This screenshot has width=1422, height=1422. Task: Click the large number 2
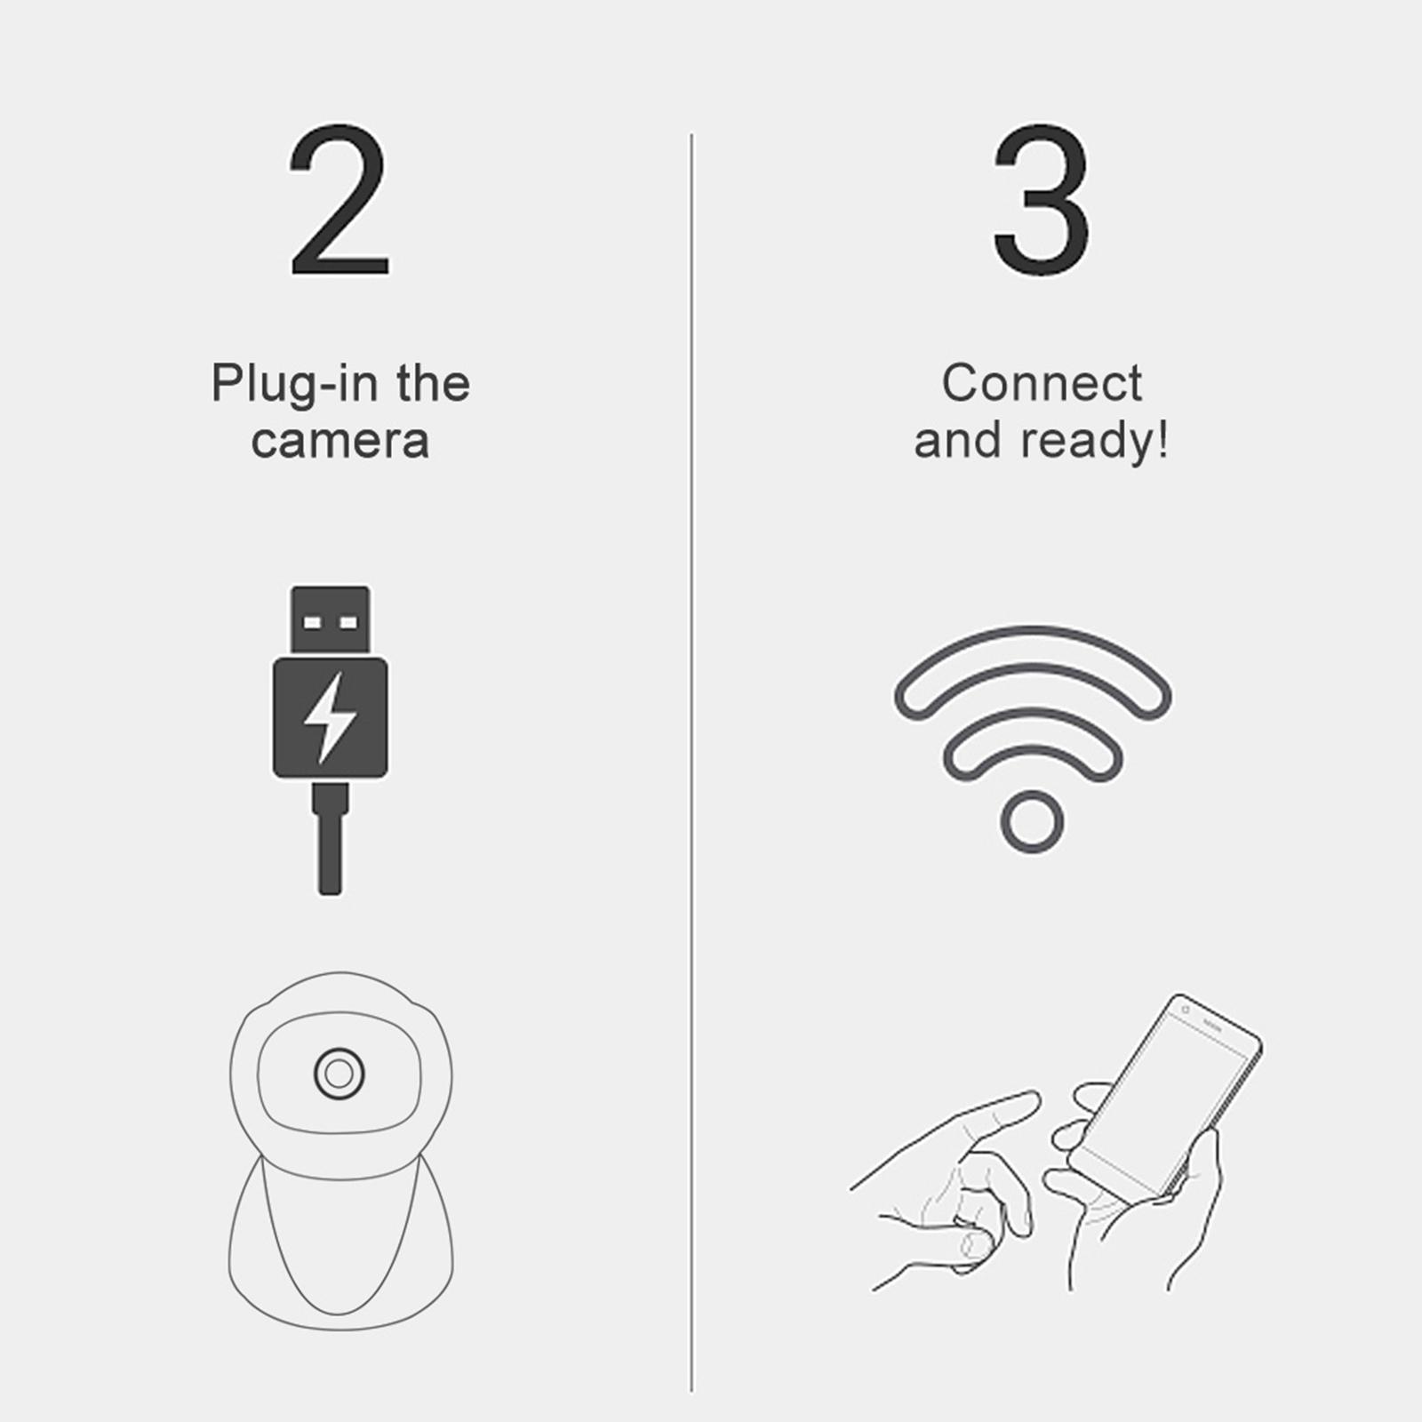pos(339,203)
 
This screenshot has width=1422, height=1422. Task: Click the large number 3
pos(1040,203)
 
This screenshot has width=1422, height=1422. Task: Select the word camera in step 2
pos(340,441)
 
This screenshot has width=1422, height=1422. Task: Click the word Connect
pos(1041,384)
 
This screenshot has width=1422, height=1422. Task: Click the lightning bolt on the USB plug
pos(330,717)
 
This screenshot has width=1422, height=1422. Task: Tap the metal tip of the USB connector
pos(330,619)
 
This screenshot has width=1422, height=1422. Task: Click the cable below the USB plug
pos(330,853)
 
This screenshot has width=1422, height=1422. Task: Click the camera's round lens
pos(339,1074)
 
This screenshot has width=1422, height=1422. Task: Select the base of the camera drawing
pos(340,1262)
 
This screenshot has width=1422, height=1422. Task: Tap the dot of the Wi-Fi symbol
pos(1032,821)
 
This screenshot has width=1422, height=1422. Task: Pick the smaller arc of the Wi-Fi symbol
pos(1032,730)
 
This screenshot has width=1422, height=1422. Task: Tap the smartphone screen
pos(1164,1093)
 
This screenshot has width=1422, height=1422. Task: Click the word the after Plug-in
pos(433,384)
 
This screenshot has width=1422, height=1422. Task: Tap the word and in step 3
pos(958,441)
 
